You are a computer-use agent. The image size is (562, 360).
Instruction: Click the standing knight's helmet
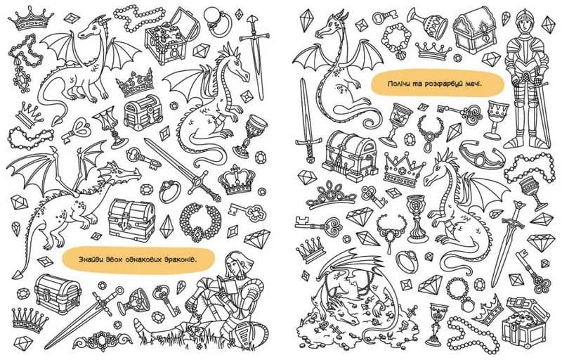[x=523, y=22]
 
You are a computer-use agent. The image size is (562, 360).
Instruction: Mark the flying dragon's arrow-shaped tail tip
[x=17, y=274]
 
